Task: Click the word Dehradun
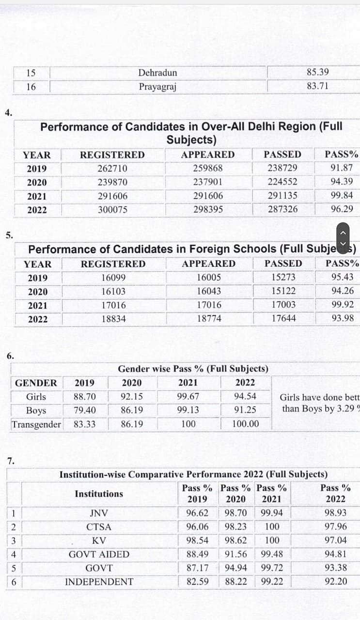157,73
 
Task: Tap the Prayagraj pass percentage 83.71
317,86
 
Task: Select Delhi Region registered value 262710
112,169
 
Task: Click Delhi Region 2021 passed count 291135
282,196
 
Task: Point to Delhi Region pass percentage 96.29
342,209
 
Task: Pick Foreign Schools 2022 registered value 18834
113,319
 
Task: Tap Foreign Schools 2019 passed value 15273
283,278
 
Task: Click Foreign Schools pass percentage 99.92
342,305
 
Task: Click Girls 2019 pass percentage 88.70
84,397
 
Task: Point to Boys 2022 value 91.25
245,410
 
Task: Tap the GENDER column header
36,383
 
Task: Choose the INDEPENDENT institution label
99,581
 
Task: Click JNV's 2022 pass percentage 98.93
335,513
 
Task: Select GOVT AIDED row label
99,554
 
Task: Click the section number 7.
11,460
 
